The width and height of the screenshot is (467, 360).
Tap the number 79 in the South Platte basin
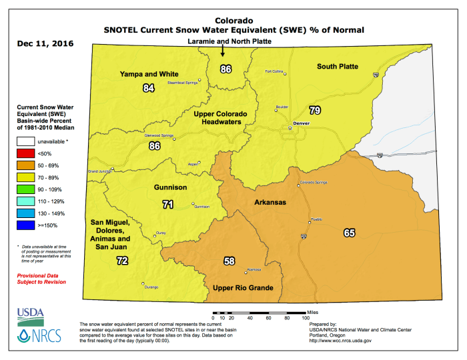315,110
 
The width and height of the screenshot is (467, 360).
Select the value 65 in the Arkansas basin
350,233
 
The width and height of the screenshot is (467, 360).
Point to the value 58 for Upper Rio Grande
229,261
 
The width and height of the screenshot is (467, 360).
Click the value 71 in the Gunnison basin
168,204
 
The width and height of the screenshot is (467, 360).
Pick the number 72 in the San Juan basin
121,261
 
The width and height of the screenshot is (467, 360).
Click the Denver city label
302,124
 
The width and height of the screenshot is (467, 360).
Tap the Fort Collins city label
274,71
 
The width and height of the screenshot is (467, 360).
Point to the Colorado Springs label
316,183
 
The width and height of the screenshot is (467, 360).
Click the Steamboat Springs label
182,82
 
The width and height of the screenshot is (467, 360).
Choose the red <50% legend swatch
26,154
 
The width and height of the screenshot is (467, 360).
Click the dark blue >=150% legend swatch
26,226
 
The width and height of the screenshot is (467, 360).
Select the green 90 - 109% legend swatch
26,190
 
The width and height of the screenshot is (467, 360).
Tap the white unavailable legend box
26,141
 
